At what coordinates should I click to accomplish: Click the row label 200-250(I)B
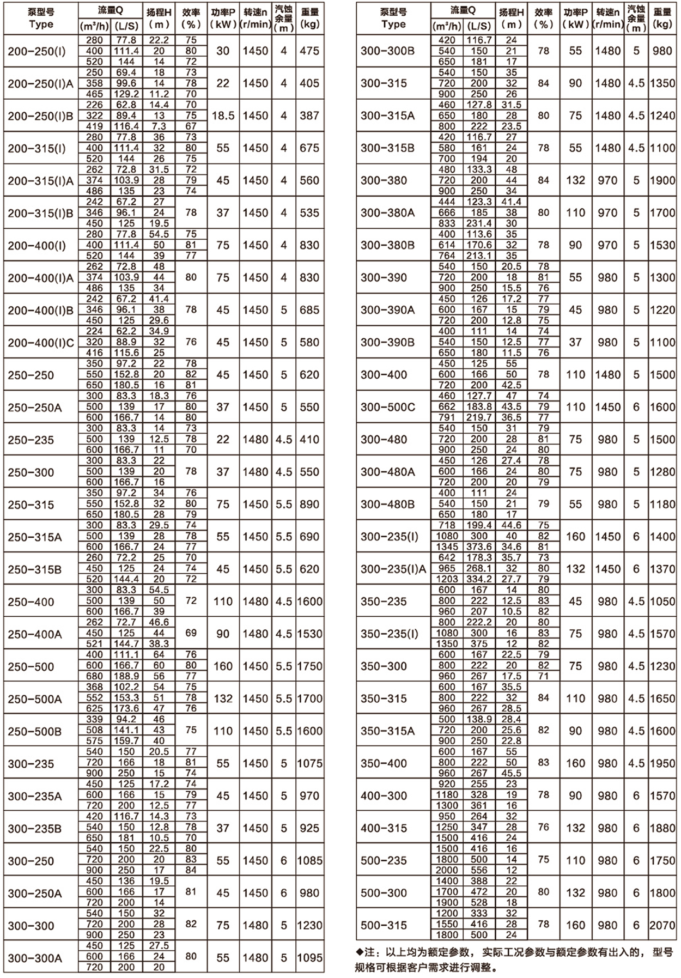click(x=40, y=116)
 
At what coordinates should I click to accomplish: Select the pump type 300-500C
click(x=387, y=407)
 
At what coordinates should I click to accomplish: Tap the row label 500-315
click(x=384, y=925)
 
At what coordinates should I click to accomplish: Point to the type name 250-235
click(x=31, y=440)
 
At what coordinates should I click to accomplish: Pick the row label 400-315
click(x=384, y=828)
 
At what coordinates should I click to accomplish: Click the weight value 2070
click(x=662, y=925)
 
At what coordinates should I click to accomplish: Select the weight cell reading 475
click(x=309, y=51)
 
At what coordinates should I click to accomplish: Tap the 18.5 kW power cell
click(x=223, y=116)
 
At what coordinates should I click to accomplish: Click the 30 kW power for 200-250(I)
click(x=223, y=51)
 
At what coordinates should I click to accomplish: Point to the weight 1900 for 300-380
click(x=662, y=180)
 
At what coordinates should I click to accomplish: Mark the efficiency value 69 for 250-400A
click(x=191, y=633)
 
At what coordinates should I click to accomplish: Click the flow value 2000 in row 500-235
click(x=447, y=871)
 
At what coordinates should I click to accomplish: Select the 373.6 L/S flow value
click(x=479, y=546)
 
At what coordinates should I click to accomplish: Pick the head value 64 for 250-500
click(x=159, y=654)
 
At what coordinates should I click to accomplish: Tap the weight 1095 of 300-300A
click(x=309, y=957)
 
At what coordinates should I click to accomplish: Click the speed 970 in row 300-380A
click(x=607, y=213)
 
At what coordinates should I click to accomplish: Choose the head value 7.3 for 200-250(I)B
click(x=159, y=126)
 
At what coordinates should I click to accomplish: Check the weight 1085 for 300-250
click(x=309, y=861)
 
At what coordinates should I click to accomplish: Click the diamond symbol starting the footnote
click(x=359, y=952)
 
